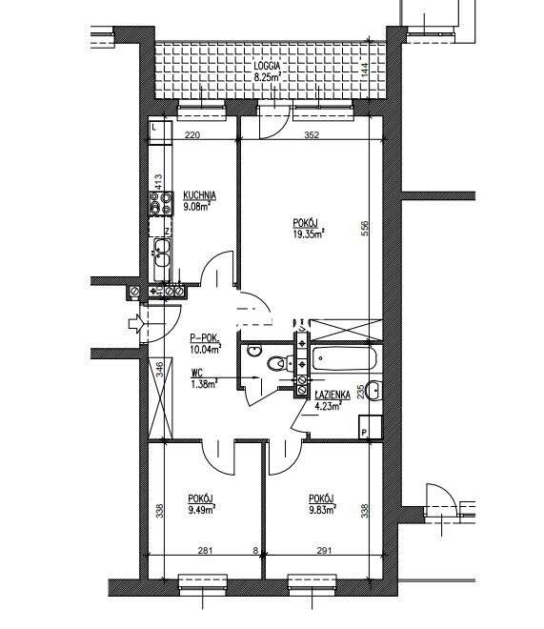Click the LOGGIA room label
[267, 66]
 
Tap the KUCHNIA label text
[200, 195]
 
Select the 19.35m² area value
[309, 233]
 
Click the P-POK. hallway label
[205, 339]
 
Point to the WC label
[197, 374]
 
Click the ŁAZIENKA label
[332, 395]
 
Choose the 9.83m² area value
[322, 510]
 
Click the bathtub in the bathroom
[344, 357]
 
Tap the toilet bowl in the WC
[275, 363]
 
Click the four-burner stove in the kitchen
[161, 203]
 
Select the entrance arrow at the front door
[136, 323]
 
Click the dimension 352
[312, 134]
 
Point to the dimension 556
[365, 229]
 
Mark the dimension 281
[205, 551]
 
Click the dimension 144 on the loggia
[364, 71]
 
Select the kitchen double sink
[162, 253]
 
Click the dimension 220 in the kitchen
[192, 134]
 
